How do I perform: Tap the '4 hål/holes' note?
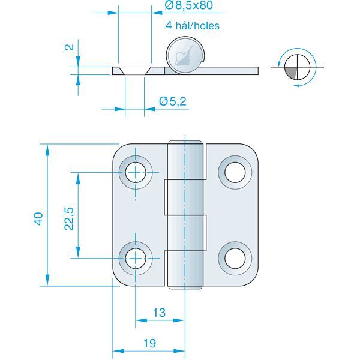(x=192, y=25)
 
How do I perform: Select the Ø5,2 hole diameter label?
(x=173, y=102)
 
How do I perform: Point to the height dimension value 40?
(x=38, y=218)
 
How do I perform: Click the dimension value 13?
(x=159, y=313)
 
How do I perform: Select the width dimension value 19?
(x=150, y=343)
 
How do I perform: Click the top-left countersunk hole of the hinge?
(x=136, y=173)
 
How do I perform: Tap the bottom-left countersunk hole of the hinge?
(x=136, y=258)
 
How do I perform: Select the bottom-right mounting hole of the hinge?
(x=234, y=257)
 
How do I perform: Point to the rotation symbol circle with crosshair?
(x=297, y=66)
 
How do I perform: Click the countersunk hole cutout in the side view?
(x=134, y=70)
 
